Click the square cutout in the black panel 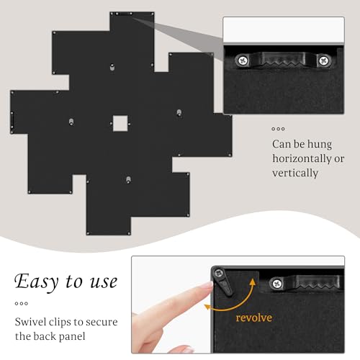click(120, 123)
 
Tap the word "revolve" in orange click(254, 318)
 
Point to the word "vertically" click(295, 173)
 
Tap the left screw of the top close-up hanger click(243, 60)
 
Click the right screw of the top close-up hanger click(324, 60)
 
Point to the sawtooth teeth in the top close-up click(283, 63)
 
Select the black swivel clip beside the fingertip click(223, 282)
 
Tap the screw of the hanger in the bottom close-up click(277, 284)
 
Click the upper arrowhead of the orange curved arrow click(253, 282)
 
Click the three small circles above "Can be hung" click(278, 129)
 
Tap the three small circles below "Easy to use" click(22, 304)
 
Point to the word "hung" click(320, 145)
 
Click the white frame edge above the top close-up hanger click(284, 30)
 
